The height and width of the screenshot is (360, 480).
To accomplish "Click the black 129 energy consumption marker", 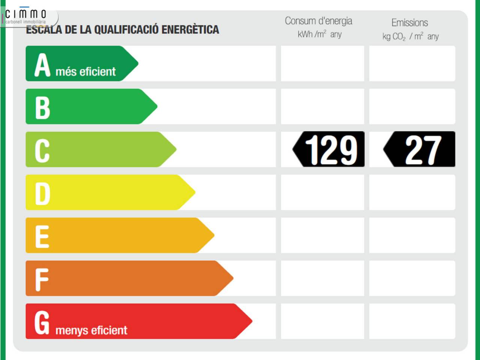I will coord(329,149).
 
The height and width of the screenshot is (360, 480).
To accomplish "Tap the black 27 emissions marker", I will coord(420,149).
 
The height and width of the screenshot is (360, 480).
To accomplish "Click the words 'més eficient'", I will coord(85,71).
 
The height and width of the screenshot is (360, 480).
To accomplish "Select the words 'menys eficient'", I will coord(91,330).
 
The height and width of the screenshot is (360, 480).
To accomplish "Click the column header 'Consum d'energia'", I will coord(318,21).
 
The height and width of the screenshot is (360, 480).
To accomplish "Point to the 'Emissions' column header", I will coord(409,22).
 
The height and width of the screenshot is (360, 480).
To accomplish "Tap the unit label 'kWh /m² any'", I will coord(319,34).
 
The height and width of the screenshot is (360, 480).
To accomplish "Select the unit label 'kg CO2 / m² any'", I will coord(410,36).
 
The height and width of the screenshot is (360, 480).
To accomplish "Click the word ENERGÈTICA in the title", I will coord(190,30).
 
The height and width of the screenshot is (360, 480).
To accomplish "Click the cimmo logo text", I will coord(25,14).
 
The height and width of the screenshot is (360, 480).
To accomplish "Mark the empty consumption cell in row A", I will coord(322,63).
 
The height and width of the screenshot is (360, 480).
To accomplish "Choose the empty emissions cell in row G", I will coord(412,321).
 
